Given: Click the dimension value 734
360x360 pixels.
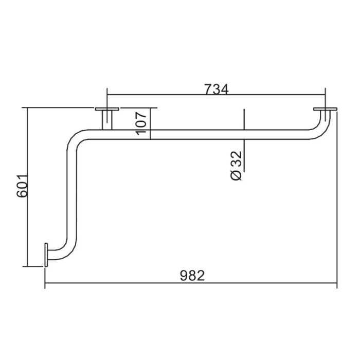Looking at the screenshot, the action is tap(217, 89).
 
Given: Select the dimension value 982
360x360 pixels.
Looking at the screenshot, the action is tap(192, 276).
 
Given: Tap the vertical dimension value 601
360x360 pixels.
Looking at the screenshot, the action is tap(22, 186).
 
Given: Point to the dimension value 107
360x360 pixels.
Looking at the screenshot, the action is tap(141, 123).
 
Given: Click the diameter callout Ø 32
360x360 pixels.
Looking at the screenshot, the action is tap(236, 166).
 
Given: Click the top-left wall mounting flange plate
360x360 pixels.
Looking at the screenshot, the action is tap(107, 109).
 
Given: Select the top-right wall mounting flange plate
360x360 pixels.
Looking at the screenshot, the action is tap(326, 109).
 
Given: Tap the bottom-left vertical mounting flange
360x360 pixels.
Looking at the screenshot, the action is tap(46, 255).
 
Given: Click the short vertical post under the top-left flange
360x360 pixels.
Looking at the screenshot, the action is tap(107, 120).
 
